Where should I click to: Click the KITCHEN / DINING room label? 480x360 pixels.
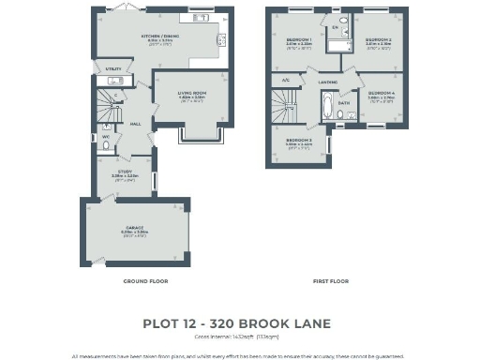pyautogui.click(x=160, y=37)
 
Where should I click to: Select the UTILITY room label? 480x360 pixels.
pyautogui.click(x=113, y=69)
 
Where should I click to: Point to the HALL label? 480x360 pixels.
pyautogui.click(x=135, y=124)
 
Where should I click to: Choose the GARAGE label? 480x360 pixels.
pyautogui.click(x=136, y=228)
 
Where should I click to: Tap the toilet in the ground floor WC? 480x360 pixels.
pyautogui.click(x=106, y=145)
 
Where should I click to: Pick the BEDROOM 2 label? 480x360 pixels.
pyautogui.click(x=379, y=39)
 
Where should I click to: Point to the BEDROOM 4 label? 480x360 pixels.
pyautogui.click(x=381, y=93)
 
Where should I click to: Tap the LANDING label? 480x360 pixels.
pyautogui.click(x=328, y=82)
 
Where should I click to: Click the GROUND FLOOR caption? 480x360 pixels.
pyautogui.click(x=145, y=280)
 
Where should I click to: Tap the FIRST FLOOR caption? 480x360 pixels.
pyautogui.click(x=329, y=280)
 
